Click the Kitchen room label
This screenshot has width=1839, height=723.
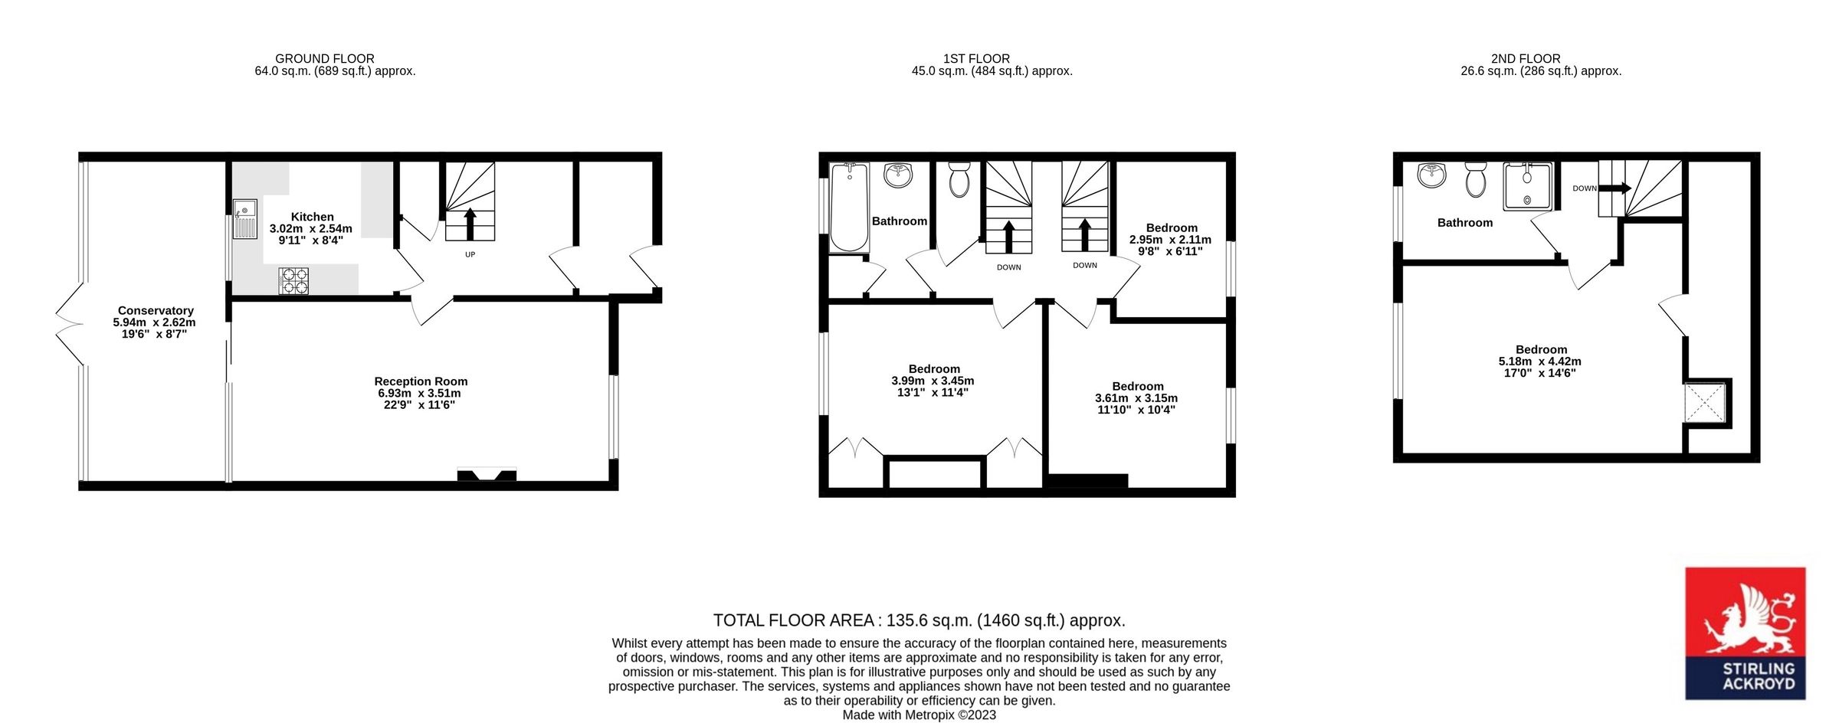click(312, 218)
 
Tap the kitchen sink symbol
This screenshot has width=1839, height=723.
click(244, 218)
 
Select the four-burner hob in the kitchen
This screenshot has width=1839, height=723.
click(293, 280)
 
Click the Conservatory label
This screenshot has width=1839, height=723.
click(156, 311)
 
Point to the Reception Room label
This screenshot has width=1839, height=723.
click(421, 381)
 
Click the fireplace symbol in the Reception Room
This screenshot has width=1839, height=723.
click(487, 475)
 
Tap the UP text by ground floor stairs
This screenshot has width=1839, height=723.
click(470, 254)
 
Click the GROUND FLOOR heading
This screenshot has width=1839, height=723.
click(325, 59)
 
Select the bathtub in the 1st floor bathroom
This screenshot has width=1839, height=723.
click(849, 207)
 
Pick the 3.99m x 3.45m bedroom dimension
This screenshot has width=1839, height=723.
click(933, 381)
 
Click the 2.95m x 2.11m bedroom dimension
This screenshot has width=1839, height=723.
click(1170, 240)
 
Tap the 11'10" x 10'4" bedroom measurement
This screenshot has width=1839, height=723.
click(1136, 410)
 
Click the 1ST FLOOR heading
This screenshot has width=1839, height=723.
click(976, 59)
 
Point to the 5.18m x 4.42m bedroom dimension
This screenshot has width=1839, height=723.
click(1539, 361)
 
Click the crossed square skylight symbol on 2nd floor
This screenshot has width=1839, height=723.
click(1704, 404)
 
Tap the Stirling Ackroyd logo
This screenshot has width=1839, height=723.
click(1745, 633)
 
